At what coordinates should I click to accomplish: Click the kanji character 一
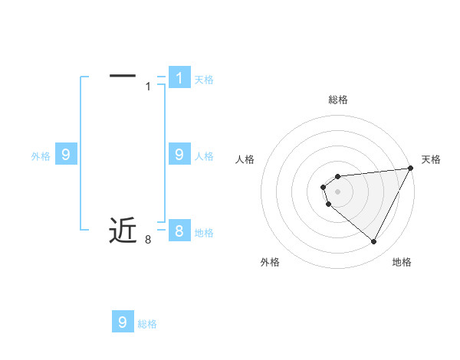123,75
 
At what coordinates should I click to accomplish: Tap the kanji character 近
123,230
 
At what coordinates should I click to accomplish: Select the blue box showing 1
179,77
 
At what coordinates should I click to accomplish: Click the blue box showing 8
179,231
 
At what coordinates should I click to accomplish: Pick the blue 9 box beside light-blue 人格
179,155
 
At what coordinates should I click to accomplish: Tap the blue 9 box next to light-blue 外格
66,155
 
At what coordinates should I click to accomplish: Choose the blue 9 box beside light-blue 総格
123,322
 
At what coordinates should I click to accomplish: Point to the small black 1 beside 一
148,87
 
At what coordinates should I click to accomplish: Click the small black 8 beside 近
148,241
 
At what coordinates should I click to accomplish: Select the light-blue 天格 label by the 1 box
204,80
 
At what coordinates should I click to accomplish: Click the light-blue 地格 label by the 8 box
204,233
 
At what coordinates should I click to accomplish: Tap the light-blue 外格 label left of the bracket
41,156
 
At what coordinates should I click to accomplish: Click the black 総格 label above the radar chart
338,100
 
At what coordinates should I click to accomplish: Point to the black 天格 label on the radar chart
431,159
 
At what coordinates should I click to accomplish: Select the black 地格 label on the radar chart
402,262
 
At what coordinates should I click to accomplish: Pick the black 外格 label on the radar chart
270,262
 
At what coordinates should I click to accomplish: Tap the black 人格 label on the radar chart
245,159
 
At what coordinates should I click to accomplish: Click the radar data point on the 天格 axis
410,168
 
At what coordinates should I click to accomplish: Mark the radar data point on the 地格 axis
373,242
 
